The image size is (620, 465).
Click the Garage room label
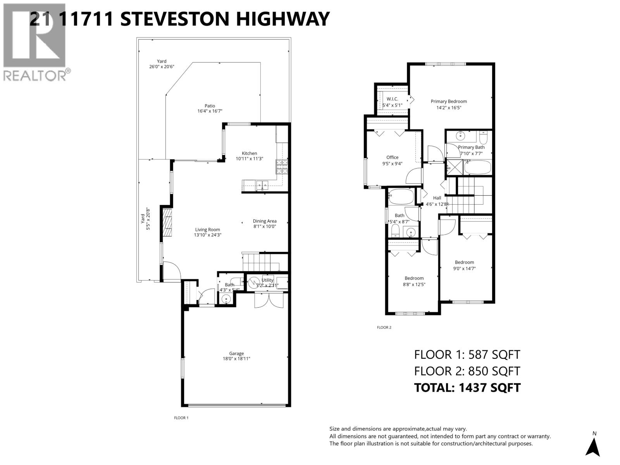(x=236, y=353)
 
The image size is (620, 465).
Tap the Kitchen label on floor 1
(x=249, y=153)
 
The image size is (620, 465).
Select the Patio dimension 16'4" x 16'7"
(x=210, y=111)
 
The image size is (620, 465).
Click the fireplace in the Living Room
(x=167, y=222)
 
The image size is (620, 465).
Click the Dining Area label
(x=265, y=221)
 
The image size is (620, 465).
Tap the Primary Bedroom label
(x=449, y=102)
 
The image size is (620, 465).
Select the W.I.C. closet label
(x=392, y=99)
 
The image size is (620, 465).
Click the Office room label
(x=392, y=157)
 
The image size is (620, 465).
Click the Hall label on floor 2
(x=437, y=198)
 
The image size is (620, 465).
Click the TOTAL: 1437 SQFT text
(x=467, y=387)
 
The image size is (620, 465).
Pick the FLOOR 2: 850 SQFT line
(x=467, y=371)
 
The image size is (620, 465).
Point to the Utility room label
(x=267, y=280)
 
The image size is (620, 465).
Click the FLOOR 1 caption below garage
(x=181, y=418)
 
